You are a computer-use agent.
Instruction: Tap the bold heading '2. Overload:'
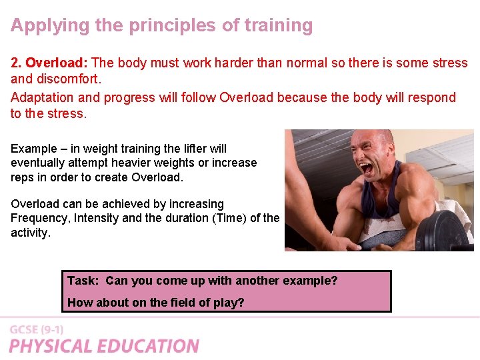point(49,63)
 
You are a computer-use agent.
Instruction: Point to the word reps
point(23,177)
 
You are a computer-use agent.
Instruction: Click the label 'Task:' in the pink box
point(83,281)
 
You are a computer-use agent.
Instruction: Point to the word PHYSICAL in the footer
point(50,346)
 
